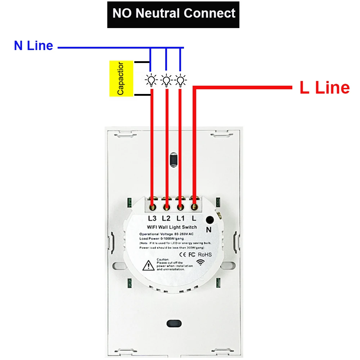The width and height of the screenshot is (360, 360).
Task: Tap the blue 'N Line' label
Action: point(33,46)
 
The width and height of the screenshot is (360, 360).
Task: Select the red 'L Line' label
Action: point(324,88)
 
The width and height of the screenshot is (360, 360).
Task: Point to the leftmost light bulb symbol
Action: point(152,80)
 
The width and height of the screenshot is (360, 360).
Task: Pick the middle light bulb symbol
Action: point(166,80)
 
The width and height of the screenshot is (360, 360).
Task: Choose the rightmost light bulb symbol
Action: point(180,80)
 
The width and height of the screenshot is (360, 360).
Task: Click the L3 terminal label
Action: point(152,218)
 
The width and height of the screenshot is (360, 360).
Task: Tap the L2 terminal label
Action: point(166,218)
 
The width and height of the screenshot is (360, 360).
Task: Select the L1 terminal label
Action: point(180,218)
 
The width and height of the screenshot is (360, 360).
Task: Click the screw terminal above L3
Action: point(152,207)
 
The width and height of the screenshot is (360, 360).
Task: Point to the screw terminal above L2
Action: point(166,207)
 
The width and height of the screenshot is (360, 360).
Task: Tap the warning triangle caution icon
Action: point(148,266)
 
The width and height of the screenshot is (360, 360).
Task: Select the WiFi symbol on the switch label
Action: point(200,262)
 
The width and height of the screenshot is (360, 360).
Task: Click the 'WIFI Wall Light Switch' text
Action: point(172,227)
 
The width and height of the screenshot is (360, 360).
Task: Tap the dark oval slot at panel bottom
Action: point(174,323)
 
